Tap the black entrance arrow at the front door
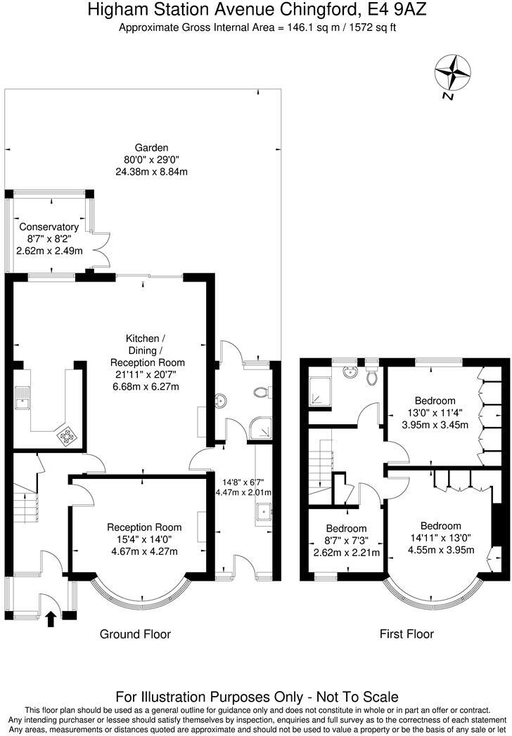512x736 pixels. pyautogui.click(x=51, y=618)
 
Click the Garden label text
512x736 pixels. pyautogui.click(x=152, y=147)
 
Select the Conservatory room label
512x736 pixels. pyautogui.click(x=49, y=227)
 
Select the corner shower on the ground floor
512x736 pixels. pyautogui.click(x=262, y=428)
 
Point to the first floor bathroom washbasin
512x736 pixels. pyautogui.click(x=349, y=373)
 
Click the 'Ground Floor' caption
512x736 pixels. pyautogui.click(x=135, y=634)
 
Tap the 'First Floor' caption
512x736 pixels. pyautogui.click(x=407, y=634)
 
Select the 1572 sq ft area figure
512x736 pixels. pyautogui.click(x=370, y=27)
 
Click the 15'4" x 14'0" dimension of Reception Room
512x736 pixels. pyautogui.click(x=143, y=539)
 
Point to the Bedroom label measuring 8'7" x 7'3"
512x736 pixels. pyautogui.click(x=347, y=529)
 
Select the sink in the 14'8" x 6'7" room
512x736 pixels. pyautogui.click(x=264, y=513)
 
